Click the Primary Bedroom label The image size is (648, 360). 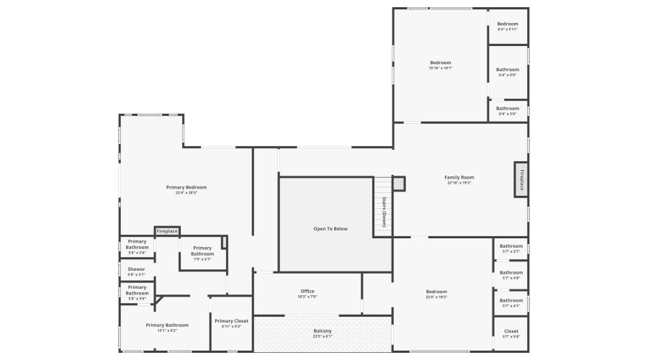186,187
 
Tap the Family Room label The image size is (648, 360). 459,177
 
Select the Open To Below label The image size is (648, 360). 330,228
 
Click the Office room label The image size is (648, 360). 307,291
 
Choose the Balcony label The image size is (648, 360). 323,330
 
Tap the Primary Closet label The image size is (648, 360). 231,321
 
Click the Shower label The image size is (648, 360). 137,269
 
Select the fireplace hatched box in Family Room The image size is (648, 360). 521,179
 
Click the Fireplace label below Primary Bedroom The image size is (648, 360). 167,231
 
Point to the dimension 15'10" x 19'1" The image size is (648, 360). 441,68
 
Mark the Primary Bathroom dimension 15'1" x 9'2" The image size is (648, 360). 167,330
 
